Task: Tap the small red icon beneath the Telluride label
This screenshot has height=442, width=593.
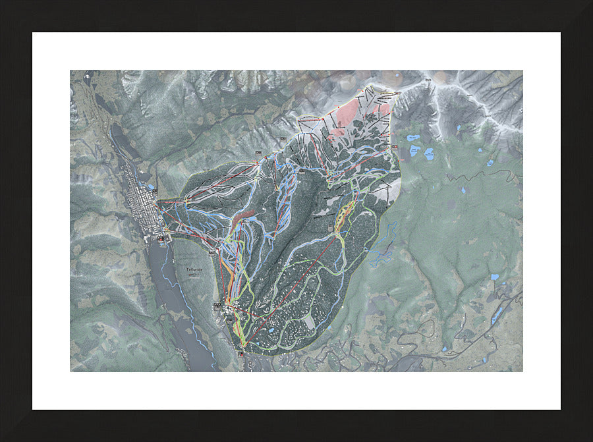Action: click(192, 277)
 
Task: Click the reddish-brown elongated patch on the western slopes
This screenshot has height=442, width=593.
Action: click(244, 218)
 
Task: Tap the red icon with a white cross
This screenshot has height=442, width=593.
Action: click(162, 240)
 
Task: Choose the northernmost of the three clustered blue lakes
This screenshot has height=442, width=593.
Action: click(413, 138)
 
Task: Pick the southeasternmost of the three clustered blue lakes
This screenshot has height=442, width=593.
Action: click(429, 155)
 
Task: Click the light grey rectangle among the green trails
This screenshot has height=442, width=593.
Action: click(309, 322)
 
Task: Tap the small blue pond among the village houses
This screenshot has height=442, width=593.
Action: click(270, 330)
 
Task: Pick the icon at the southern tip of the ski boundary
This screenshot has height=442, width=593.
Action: click(240, 354)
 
